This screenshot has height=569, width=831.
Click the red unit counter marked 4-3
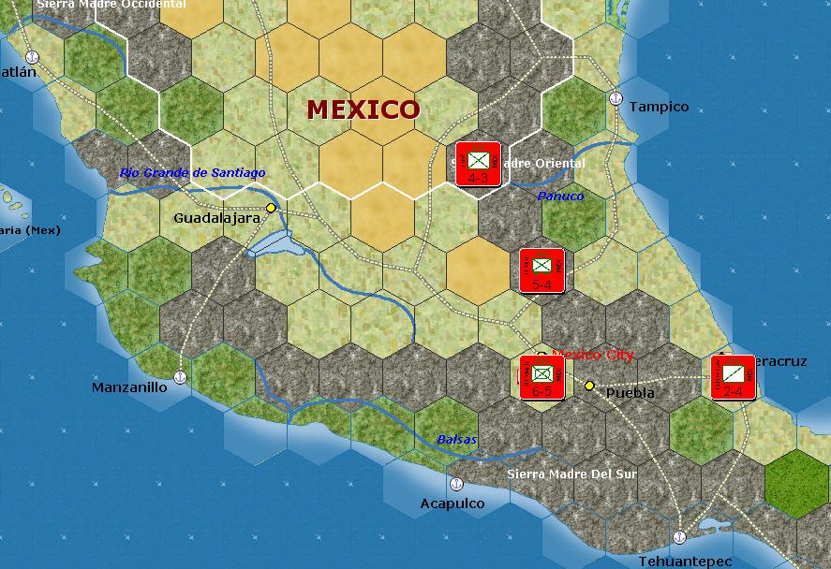(478, 164)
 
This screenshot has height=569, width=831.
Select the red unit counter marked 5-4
(542, 270)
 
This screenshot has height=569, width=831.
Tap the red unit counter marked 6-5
(542, 377)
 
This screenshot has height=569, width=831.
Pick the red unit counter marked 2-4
(733, 377)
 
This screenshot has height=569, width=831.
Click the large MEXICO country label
(364, 109)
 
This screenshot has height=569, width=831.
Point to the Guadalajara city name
(216, 218)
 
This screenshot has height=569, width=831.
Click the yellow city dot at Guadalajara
(271, 208)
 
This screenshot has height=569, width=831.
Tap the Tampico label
(659, 107)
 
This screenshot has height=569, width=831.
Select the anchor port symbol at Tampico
(616, 97)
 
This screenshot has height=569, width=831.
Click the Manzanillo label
(129, 387)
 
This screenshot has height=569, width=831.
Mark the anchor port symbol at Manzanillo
(181, 377)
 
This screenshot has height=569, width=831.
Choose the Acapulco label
(453, 503)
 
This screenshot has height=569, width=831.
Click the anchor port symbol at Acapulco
(456, 484)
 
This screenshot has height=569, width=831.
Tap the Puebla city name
(631, 393)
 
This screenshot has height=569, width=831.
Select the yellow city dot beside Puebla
(589, 386)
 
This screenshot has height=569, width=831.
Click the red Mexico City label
(593, 355)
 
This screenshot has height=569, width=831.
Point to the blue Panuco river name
(560, 197)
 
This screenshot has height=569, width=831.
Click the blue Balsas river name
(456, 439)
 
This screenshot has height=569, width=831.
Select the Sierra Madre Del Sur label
(571, 474)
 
